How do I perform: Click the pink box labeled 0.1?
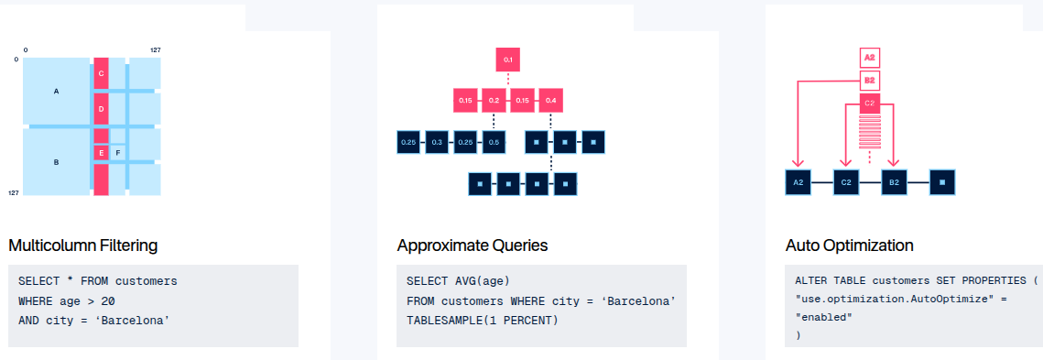click(x=507, y=60)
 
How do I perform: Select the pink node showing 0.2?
click(x=494, y=100)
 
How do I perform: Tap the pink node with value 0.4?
click(x=550, y=100)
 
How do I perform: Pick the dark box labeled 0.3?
click(x=437, y=142)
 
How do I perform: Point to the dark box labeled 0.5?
click(x=494, y=142)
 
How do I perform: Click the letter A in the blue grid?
click(x=56, y=91)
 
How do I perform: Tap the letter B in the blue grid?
click(x=56, y=162)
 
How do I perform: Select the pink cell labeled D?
click(x=101, y=108)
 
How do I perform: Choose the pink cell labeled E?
click(x=101, y=153)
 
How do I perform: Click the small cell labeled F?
click(x=118, y=153)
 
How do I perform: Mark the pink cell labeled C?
click(x=101, y=73)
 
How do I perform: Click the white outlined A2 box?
click(x=869, y=58)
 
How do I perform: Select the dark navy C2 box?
click(x=846, y=181)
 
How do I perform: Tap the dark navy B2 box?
click(x=894, y=181)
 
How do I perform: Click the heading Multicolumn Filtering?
click(x=83, y=245)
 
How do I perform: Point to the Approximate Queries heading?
click(x=473, y=245)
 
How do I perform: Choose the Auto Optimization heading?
click(x=850, y=245)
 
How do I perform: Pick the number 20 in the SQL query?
click(x=109, y=300)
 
